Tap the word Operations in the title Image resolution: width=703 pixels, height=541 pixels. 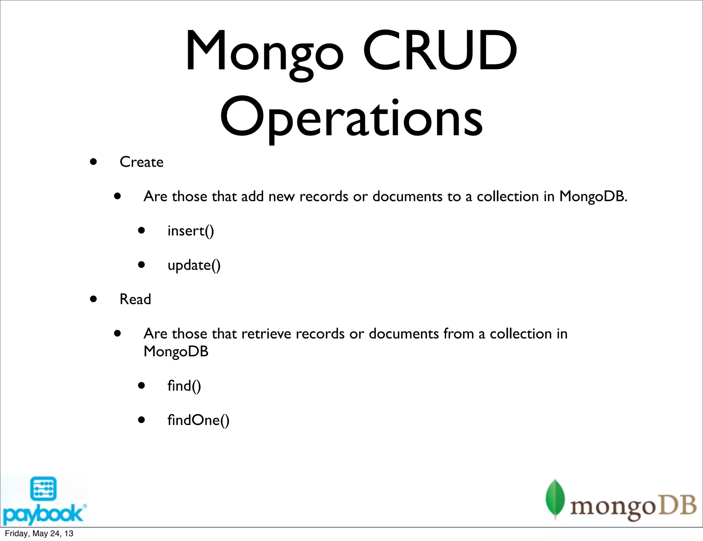tap(351, 117)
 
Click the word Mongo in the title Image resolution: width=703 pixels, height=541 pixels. tap(264, 51)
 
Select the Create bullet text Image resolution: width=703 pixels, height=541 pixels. tap(141, 162)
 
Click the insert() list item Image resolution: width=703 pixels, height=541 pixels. tap(191, 231)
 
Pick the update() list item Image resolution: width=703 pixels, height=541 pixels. tap(194, 265)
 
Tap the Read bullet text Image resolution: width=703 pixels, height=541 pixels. tap(135, 299)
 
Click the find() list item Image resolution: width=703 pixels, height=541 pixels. tap(184, 386)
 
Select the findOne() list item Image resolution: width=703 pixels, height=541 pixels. tap(198, 420)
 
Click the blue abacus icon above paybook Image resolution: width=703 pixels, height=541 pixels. tap(43, 488)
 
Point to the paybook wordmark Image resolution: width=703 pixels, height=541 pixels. tap(43, 514)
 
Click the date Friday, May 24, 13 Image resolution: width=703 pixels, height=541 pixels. tap(39, 533)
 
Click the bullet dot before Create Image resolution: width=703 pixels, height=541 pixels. tap(93, 162)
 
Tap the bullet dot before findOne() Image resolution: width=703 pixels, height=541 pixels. tap(141, 420)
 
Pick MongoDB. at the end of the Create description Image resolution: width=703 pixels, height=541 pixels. tap(593, 196)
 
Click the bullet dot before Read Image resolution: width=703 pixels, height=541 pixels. tap(93, 299)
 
